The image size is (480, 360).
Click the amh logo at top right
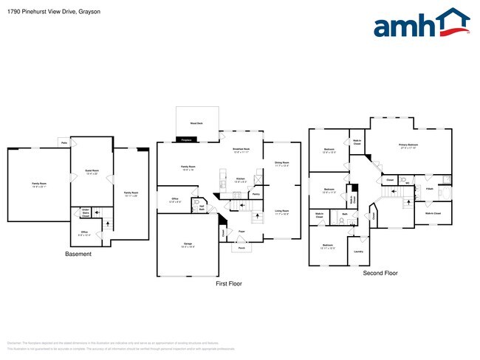pyautogui.click(x=421, y=24)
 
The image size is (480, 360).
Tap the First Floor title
pyautogui.click(x=228, y=283)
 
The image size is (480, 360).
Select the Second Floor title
pyautogui.click(x=380, y=273)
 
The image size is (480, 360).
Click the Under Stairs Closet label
pyautogui.click(x=86, y=212)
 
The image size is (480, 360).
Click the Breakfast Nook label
pyautogui.click(x=241, y=150)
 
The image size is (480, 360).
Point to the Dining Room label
pyautogui.click(x=281, y=162)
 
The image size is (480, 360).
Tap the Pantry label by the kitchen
pyautogui.click(x=256, y=194)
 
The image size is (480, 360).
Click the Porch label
pyautogui.click(x=241, y=248)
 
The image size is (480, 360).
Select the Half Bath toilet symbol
pyautogui.click(x=196, y=201)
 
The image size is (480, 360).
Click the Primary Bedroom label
pyautogui.click(x=408, y=145)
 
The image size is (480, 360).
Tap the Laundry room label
pyautogui.click(x=358, y=251)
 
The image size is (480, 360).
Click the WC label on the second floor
pyautogui.click(x=405, y=184)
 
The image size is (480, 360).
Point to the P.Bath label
pyautogui.click(x=430, y=189)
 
